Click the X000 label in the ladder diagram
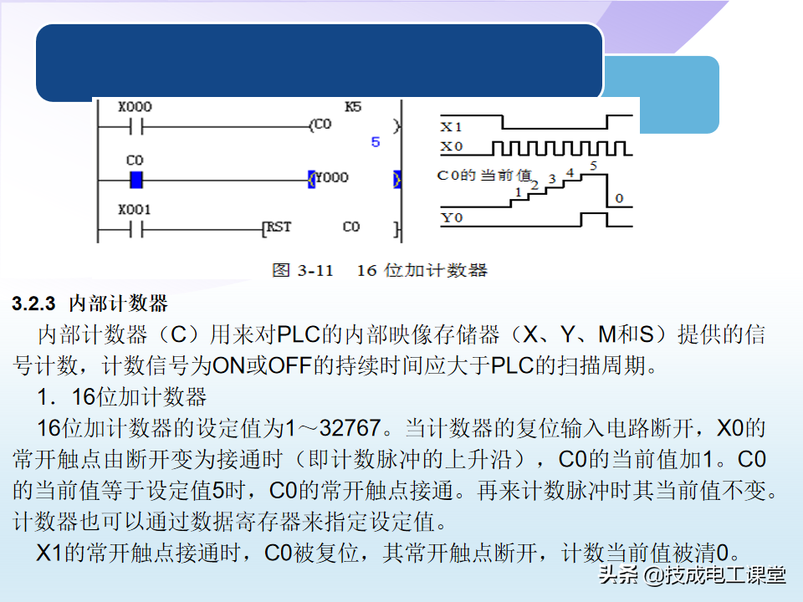pyautogui.click(x=135, y=108)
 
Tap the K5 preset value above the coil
pyautogui.click(x=354, y=108)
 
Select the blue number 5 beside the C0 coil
pyautogui.click(x=376, y=142)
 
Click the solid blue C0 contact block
pyautogui.click(x=136, y=179)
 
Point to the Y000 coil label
pyautogui.click(x=332, y=178)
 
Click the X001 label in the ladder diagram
pyautogui.click(x=135, y=210)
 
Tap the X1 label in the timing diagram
pyautogui.click(x=452, y=127)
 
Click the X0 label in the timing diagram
pyautogui.click(x=452, y=148)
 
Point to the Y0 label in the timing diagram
pyautogui.click(x=452, y=219)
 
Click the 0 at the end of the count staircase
pyautogui.click(x=618, y=198)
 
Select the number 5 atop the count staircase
pyautogui.click(x=593, y=166)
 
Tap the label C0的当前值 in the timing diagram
pyautogui.click(x=485, y=176)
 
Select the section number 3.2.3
pyautogui.click(x=34, y=304)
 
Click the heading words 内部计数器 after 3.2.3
pyautogui.click(x=118, y=304)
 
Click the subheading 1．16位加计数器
pyautogui.click(x=122, y=395)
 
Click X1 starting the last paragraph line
pyautogui.click(x=49, y=553)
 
